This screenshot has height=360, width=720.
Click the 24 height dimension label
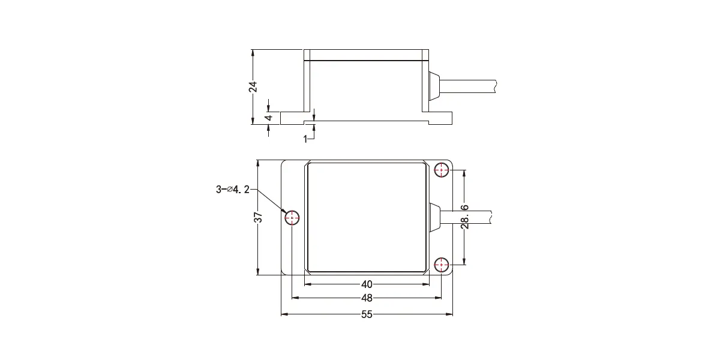[253, 87]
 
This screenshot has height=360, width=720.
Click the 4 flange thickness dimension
[269, 118]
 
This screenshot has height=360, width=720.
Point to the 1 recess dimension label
[305, 139]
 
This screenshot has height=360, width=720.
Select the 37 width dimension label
[259, 217]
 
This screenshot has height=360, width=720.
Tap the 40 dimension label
[367, 284]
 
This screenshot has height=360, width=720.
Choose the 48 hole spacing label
[367, 298]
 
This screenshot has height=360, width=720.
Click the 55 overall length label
[367, 314]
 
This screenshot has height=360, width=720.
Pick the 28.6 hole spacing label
[465, 217]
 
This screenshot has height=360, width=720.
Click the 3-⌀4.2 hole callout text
[233, 190]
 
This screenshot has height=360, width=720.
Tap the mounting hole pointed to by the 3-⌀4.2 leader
[292, 218]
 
